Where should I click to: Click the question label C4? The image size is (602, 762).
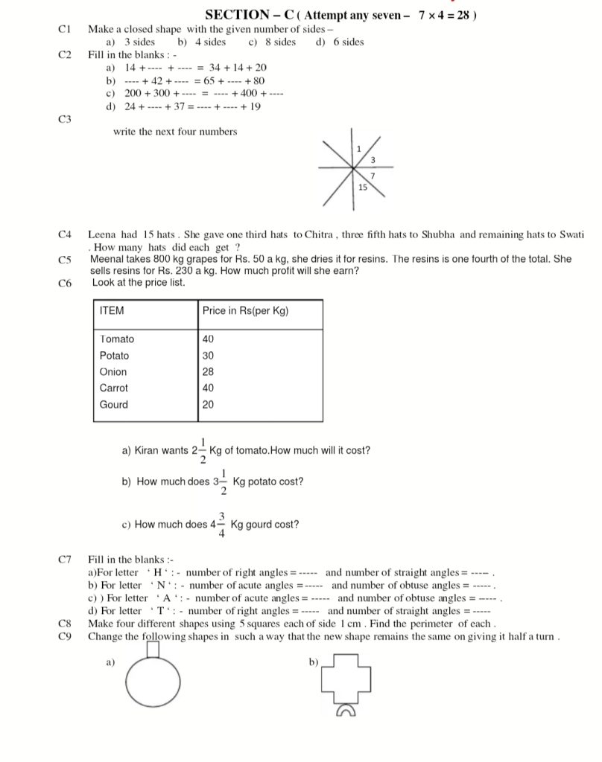click(x=64, y=234)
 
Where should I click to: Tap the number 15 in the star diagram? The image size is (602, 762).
click(x=363, y=188)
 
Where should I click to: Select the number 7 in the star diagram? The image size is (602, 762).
click(x=371, y=174)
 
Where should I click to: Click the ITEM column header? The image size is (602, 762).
click(x=112, y=311)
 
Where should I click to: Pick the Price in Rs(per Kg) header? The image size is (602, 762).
click(x=245, y=311)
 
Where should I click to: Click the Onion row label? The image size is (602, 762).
click(x=113, y=372)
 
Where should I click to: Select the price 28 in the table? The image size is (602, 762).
click(x=208, y=372)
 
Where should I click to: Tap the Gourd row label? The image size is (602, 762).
click(x=114, y=405)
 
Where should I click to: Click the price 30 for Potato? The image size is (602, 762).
click(x=208, y=356)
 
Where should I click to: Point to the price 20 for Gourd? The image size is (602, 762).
click(x=208, y=405)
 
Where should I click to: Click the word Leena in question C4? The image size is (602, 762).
click(x=103, y=234)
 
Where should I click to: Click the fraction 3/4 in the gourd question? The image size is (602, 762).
click(x=222, y=525)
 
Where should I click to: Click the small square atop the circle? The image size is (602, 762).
click(x=153, y=650)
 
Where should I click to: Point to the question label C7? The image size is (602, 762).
click(x=64, y=559)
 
